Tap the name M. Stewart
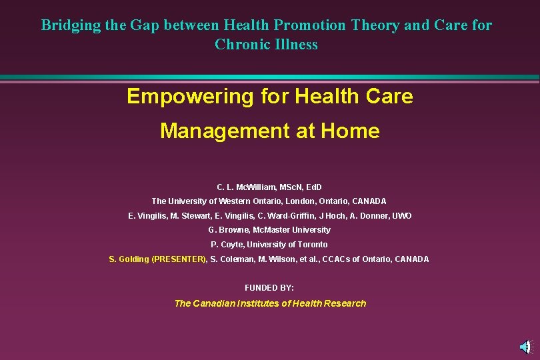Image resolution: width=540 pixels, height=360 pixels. (x=189, y=216)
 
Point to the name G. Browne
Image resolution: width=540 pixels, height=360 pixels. (x=227, y=230)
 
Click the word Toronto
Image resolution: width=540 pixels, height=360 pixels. (x=311, y=245)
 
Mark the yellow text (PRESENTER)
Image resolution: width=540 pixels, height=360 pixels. (x=180, y=259)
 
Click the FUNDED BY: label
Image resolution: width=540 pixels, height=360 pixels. (x=269, y=288)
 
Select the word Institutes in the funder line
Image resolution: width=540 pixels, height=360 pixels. (x=252, y=303)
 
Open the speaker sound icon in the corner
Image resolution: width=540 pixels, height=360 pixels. (x=525, y=346)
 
